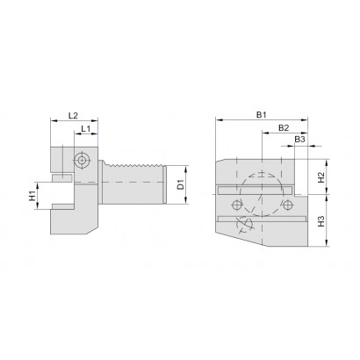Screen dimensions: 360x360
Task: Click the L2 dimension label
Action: point(73,116)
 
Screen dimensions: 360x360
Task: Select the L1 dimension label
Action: point(85,128)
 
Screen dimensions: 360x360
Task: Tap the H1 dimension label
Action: point(32,195)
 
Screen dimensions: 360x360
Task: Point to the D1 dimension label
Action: point(182,184)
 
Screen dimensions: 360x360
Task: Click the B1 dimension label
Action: point(262,115)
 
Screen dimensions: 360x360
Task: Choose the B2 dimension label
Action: point(284,128)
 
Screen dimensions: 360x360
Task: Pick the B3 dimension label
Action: point(299,140)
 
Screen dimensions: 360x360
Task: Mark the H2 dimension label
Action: point(321,177)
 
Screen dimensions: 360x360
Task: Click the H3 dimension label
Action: point(321,221)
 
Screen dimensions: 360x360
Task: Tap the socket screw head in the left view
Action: point(83,160)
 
